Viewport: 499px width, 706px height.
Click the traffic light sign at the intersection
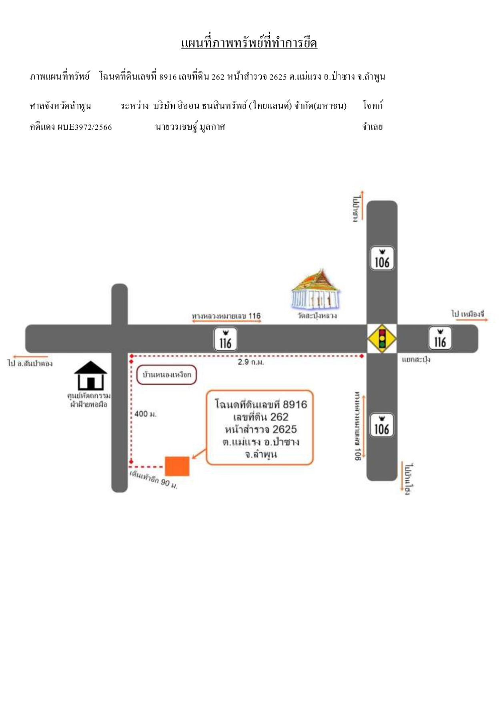[382, 339]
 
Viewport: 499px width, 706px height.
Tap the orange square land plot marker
[177, 466]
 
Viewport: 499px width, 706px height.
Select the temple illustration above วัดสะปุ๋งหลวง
[316, 289]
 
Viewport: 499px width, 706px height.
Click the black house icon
[91, 376]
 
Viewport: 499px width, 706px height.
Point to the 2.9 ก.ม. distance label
[251, 362]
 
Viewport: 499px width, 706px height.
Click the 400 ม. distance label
[145, 414]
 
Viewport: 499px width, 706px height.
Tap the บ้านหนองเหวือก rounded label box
[167, 375]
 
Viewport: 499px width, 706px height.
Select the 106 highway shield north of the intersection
[382, 258]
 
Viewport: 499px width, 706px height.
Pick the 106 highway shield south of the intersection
[382, 425]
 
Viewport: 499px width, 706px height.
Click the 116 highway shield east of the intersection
[440, 338]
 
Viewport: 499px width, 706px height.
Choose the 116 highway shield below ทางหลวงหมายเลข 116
[225, 339]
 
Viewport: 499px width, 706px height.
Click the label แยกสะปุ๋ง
[416, 359]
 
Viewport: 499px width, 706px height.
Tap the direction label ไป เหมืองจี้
[468, 314]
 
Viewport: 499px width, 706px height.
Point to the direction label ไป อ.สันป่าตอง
[30, 363]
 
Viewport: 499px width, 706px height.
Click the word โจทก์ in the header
[373, 106]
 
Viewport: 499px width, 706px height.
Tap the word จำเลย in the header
[373, 127]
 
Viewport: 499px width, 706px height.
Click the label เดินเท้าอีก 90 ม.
[154, 480]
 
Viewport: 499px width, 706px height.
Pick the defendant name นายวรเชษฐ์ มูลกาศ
[190, 127]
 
